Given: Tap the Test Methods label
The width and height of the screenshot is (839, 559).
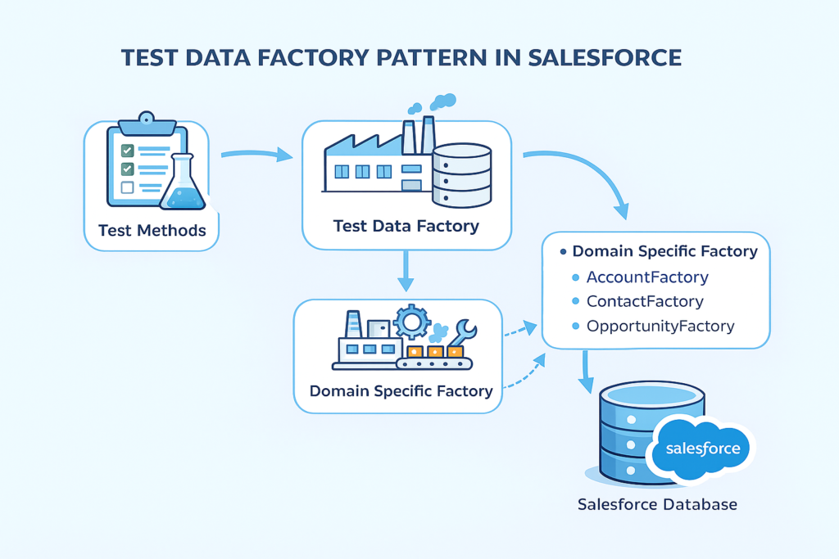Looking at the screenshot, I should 152,230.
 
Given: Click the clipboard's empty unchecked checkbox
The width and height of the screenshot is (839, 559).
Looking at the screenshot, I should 127,187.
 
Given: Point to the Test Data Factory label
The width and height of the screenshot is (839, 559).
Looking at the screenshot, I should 406,225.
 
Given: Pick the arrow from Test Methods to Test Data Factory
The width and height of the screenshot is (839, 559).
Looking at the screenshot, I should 256,154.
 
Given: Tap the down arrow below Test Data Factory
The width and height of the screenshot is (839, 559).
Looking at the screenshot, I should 405,271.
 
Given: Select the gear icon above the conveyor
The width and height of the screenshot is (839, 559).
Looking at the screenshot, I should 411,321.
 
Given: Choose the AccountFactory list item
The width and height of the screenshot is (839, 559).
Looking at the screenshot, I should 647,277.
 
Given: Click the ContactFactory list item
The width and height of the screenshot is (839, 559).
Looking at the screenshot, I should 645,301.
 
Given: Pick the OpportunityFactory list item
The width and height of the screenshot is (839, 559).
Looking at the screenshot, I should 660,326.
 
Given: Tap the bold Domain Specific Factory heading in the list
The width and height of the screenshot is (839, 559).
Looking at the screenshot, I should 664,252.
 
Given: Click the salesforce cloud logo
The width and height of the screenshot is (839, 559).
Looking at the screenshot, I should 702,449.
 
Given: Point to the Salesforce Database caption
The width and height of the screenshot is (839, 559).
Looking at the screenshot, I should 657,504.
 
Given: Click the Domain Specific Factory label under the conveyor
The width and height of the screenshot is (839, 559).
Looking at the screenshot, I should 401,390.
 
